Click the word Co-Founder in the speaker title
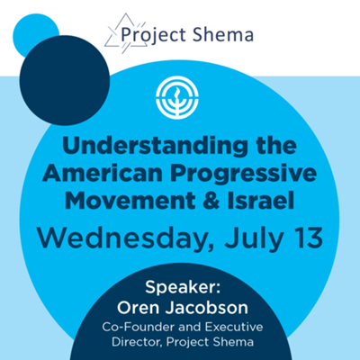click(140, 326)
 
